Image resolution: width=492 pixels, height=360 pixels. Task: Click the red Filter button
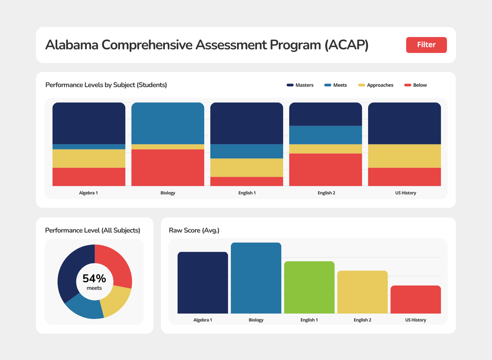tap(426, 45)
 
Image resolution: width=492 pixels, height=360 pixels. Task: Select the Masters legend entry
tap(300, 85)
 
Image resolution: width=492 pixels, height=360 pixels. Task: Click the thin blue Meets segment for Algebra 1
tap(89, 147)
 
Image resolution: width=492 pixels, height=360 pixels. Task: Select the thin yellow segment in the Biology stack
tap(168, 147)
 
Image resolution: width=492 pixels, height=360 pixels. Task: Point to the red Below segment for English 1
tap(247, 181)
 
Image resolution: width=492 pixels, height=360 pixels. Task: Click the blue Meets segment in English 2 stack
tap(326, 135)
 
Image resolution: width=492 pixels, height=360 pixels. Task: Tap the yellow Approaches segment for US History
tap(404, 156)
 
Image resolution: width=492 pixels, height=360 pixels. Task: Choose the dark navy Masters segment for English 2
tap(326, 114)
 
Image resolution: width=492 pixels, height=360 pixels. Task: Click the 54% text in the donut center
tap(94, 279)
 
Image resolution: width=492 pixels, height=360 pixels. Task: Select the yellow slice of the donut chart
tap(116, 301)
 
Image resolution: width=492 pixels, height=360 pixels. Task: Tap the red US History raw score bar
tap(416, 300)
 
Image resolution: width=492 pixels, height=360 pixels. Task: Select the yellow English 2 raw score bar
tap(362, 292)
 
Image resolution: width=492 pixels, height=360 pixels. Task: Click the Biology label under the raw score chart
tap(256, 320)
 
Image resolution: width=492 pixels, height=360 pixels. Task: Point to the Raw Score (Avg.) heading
tap(194, 230)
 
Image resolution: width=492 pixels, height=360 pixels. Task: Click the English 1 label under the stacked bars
tap(247, 193)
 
